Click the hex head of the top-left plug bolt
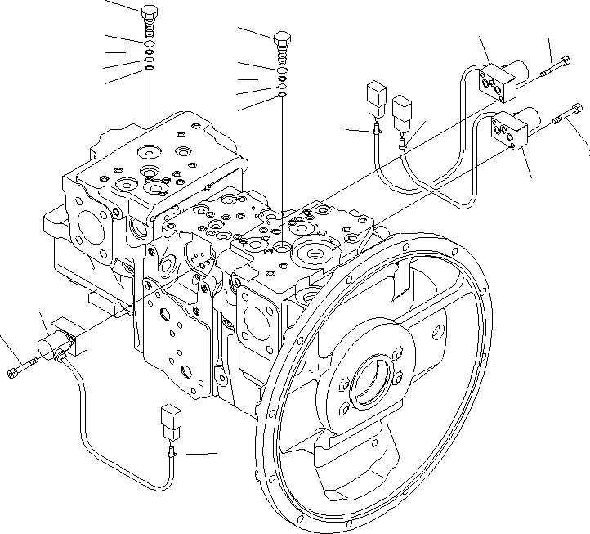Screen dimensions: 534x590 coord(150,12)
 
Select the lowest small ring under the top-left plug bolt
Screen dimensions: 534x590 coord(150,70)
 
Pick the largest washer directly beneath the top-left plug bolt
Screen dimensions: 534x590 coord(150,47)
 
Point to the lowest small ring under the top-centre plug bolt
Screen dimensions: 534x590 coord(281,95)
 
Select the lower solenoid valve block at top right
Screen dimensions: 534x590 coord(508,131)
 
